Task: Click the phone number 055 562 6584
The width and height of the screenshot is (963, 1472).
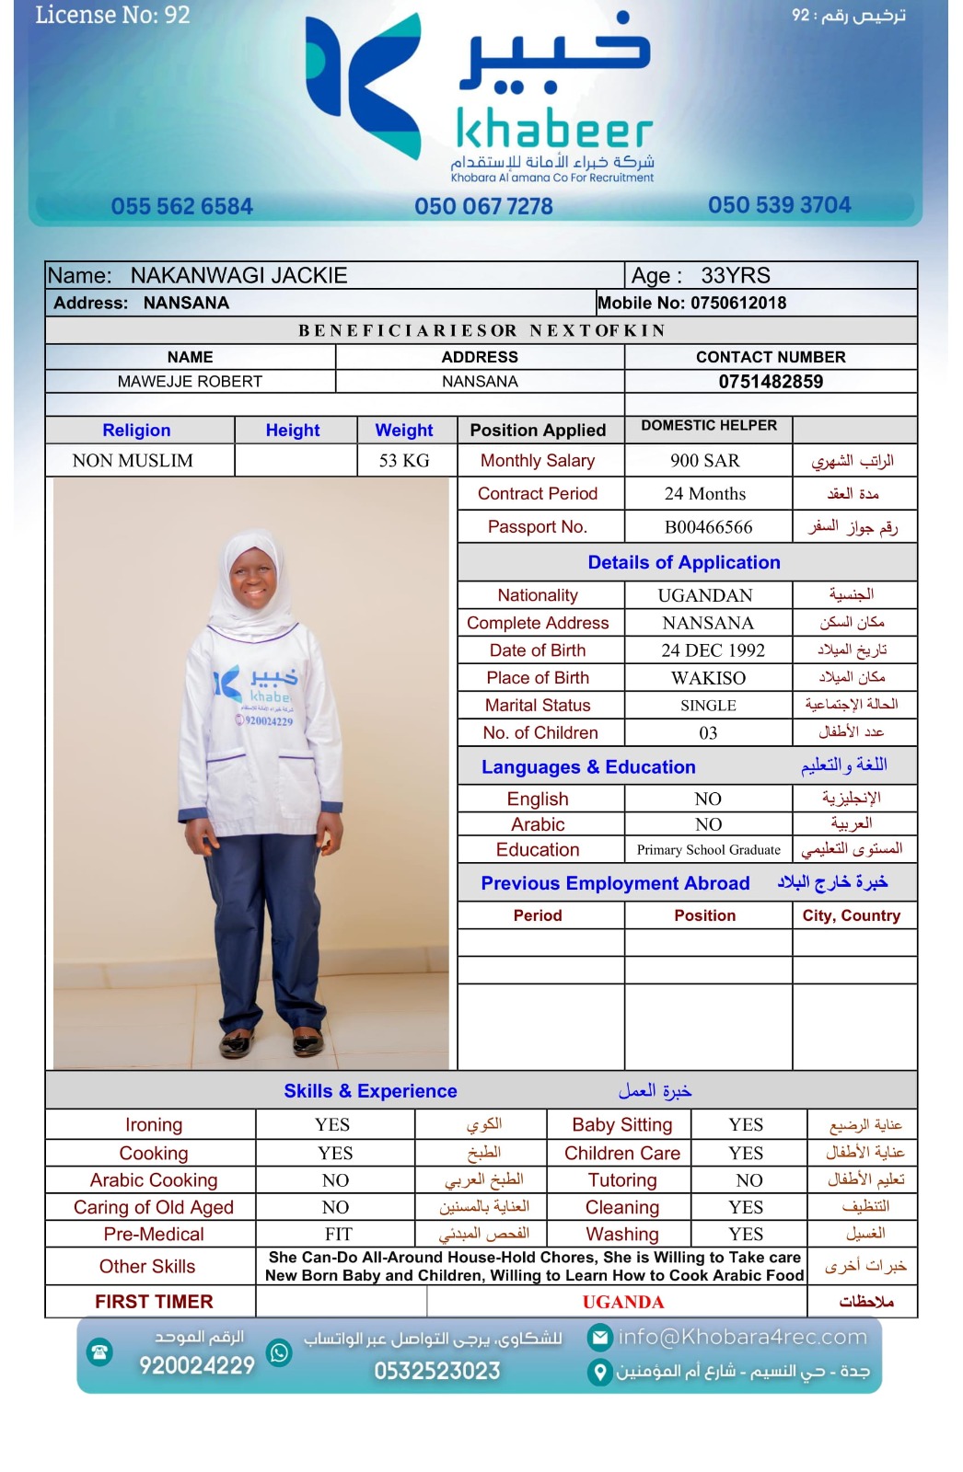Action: coord(181,206)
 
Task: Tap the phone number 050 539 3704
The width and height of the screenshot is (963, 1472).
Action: coord(779,205)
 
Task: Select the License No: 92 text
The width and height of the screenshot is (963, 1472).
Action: coord(112,16)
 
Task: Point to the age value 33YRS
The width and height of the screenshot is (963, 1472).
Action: coord(735,276)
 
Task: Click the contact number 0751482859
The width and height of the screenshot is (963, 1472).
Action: coord(771,382)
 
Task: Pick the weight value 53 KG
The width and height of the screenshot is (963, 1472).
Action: coord(404,461)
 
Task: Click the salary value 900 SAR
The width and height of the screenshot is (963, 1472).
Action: coord(705,461)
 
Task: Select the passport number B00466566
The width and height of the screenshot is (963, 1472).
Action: coord(708,527)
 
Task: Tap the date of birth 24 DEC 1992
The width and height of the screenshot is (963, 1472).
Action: coord(713,650)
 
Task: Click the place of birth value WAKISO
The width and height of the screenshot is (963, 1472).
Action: coord(708,678)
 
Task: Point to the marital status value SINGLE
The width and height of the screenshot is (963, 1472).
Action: coord(708,706)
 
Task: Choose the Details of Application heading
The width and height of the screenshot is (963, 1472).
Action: coord(684,562)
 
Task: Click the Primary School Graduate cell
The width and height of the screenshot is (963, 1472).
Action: coord(708,850)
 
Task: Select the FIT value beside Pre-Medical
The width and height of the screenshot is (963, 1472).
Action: coord(338,1235)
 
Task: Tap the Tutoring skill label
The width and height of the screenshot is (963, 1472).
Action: coord(622,1180)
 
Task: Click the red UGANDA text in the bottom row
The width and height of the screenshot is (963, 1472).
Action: coord(622,1302)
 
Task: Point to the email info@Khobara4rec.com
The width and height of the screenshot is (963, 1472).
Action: coord(742,1337)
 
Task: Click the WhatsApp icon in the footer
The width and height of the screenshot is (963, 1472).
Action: coord(279,1351)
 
